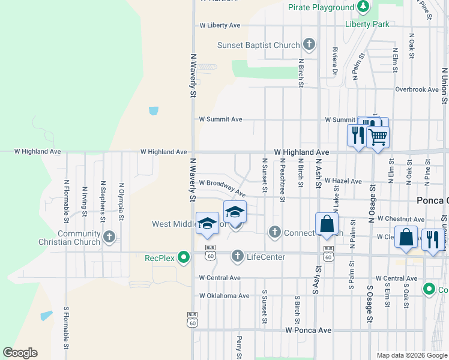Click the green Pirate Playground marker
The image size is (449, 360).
click(363, 7)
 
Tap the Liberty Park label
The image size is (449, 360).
click(367, 24)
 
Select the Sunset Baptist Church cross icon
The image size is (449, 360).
click(309, 44)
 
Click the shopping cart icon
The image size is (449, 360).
click(378, 137)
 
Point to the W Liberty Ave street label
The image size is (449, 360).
click(220, 25)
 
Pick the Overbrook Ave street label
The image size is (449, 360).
click(417, 89)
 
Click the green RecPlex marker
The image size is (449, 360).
click(185, 258)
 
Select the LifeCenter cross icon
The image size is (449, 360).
click(238, 256)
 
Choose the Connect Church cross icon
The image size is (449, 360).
click(275, 232)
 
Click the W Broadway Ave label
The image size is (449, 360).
click(223, 187)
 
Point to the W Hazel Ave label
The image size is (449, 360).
click(343, 181)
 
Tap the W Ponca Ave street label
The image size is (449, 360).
click(308, 330)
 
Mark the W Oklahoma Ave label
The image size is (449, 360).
click(224, 296)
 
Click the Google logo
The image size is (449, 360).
click(20, 353)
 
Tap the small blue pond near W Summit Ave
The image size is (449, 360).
click(154, 111)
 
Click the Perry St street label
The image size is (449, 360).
click(239, 347)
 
